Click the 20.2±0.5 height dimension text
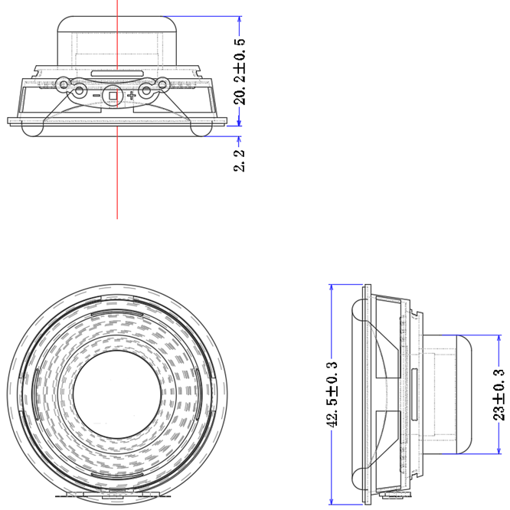point(240,71)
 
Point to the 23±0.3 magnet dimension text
point(499,394)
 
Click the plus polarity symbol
point(132,96)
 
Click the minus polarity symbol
point(96,96)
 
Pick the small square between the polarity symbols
point(113,96)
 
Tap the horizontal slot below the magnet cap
point(116,73)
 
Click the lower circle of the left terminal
point(78,93)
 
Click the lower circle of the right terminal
point(150,93)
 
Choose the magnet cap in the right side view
point(452,391)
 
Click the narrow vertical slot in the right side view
point(414,391)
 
